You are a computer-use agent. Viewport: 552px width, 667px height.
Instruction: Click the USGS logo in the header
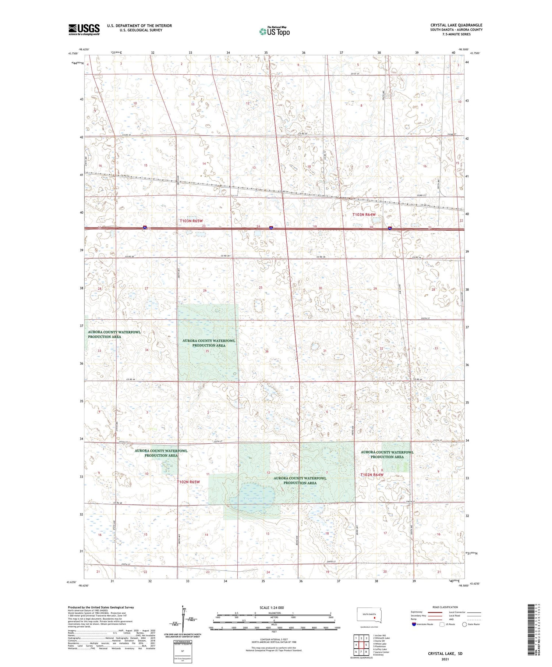(84, 29)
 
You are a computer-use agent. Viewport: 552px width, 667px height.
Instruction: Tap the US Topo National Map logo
(274, 31)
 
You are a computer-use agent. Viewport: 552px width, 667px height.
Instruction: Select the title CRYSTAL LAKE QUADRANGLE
(456, 25)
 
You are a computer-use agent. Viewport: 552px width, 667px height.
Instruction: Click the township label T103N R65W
(191, 221)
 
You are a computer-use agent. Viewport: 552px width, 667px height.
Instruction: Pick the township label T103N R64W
(364, 214)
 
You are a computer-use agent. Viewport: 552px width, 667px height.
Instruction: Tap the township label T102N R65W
(188, 482)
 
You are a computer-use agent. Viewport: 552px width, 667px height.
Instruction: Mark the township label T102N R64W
(372, 475)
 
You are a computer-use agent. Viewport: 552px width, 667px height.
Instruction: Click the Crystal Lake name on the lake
(253, 498)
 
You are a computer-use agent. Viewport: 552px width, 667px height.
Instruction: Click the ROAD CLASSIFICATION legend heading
(445, 607)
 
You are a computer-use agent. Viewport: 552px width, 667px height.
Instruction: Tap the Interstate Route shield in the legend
(415, 624)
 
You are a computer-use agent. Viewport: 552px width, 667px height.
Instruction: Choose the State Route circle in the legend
(464, 624)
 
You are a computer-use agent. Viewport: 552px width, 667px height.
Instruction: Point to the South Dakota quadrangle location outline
(370, 615)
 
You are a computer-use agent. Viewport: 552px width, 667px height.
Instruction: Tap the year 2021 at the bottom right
(445, 659)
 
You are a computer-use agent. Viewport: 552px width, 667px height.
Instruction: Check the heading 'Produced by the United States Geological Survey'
(101, 607)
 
